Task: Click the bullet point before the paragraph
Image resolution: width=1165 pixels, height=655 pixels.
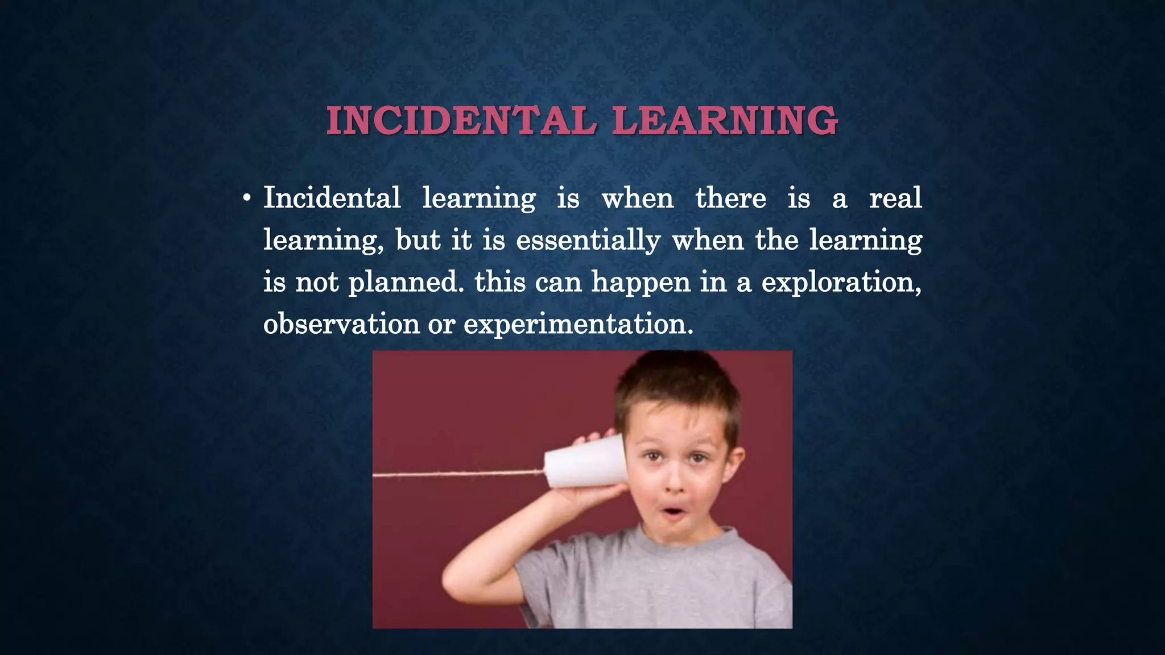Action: tap(246, 199)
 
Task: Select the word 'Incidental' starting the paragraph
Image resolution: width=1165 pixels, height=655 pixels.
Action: tap(332, 198)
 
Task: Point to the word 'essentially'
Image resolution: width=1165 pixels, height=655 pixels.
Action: tap(588, 241)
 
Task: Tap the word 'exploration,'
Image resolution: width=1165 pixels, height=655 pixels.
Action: tap(841, 283)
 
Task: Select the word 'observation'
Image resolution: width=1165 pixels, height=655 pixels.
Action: tap(341, 324)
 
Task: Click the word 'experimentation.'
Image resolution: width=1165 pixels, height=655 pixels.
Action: tap(579, 325)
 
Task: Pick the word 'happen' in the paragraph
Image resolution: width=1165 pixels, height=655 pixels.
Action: tap(641, 283)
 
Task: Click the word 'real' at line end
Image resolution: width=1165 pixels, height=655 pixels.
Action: tap(895, 198)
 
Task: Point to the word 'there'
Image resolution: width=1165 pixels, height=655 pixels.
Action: tap(730, 198)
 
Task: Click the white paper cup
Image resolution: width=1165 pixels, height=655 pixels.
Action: tap(585, 462)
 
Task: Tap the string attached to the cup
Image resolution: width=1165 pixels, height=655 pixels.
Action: tap(455, 473)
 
